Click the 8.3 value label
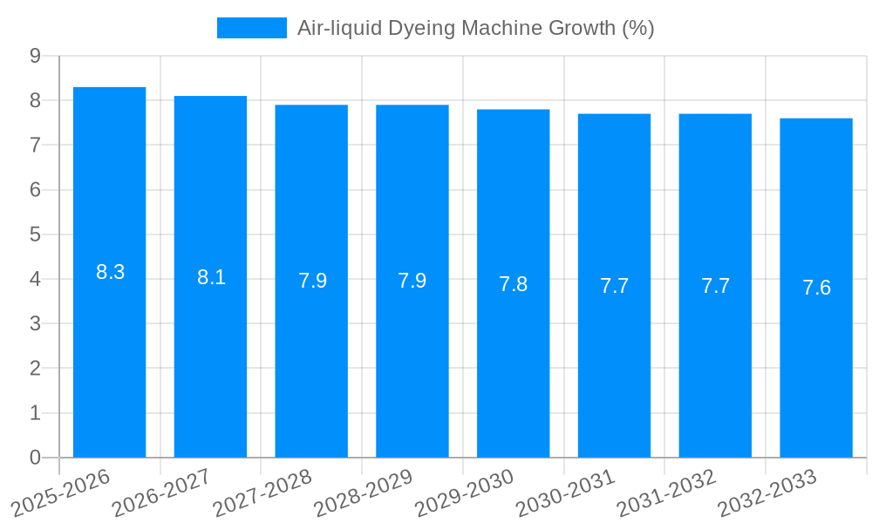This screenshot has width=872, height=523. point(111,272)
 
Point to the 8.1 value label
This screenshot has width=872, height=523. point(212,277)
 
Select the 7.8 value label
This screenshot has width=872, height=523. point(514,284)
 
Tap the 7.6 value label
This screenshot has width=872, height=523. point(817,288)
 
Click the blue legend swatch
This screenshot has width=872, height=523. point(251,28)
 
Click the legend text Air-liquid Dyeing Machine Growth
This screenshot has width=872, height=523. point(475,28)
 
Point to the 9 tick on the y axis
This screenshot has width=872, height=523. point(35,56)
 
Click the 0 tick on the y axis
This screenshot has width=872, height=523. point(35,458)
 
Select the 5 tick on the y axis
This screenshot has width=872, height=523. point(35,234)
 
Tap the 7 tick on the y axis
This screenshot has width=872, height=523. point(35,145)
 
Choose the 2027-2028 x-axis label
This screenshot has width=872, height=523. point(262,492)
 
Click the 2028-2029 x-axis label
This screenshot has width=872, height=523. point(364,492)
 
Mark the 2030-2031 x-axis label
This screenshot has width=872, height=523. point(566,492)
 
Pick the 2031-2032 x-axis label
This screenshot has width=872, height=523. point(667,492)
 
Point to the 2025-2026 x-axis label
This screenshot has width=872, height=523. point(60,492)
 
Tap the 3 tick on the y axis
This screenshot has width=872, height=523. point(35,323)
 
